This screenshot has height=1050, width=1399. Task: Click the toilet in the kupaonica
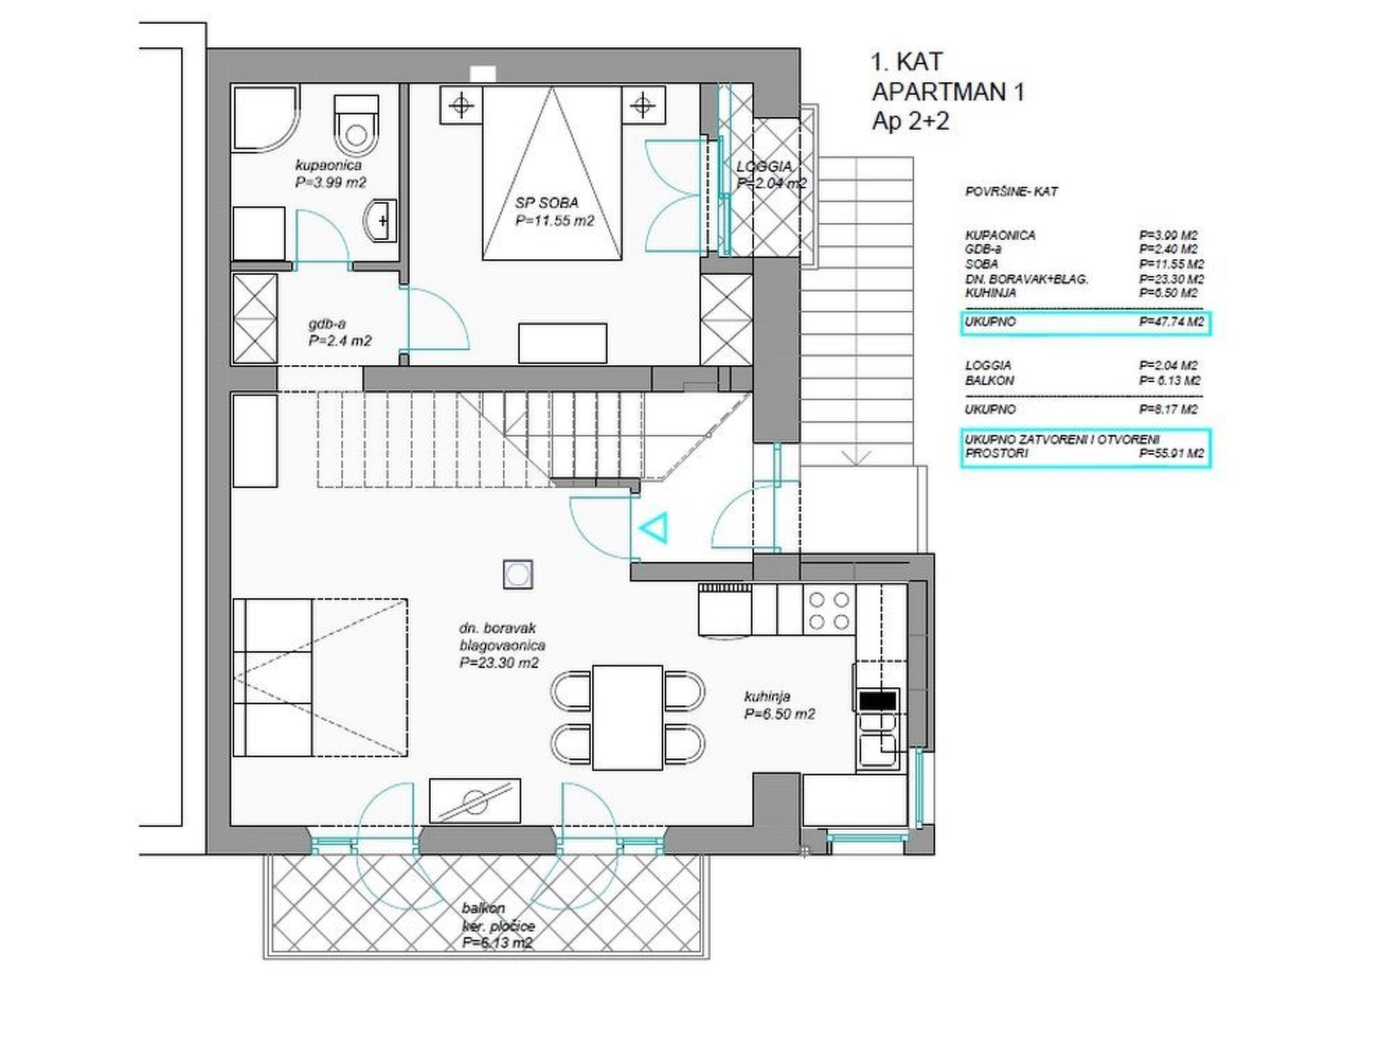[356, 124]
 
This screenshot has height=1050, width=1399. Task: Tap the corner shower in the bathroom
[265, 118]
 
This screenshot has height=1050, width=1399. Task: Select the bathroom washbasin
[380, 220]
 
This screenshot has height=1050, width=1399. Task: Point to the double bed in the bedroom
[552, 172]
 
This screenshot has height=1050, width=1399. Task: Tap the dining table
[628, 718]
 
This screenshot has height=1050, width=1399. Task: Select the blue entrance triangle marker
[653, 528]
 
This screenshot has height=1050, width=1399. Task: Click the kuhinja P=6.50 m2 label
[779, 705]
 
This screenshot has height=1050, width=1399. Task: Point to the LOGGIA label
[764, 167]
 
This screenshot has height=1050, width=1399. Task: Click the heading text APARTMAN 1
[948, 92]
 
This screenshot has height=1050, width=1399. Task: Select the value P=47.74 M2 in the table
[1171, 322]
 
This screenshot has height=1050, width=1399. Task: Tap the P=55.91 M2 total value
[1171, 453]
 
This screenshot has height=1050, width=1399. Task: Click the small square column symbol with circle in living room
[518, 574]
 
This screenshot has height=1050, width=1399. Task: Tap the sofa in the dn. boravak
[273, 677]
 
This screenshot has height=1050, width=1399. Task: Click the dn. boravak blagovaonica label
[502, 636]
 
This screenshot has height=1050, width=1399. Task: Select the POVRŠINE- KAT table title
[1011, 192]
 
